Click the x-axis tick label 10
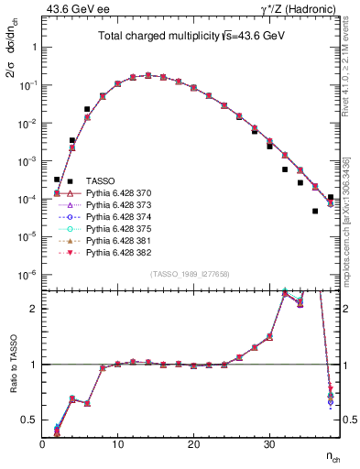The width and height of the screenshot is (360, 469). pos(117,443)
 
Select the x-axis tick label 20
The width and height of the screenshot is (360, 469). pos(193,443)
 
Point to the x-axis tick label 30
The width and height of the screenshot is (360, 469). pos(268,443)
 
